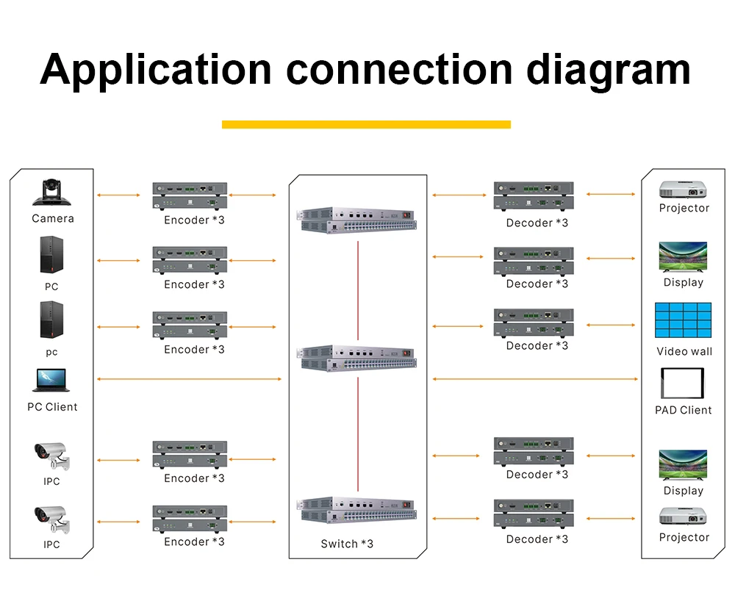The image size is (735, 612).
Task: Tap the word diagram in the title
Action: coord(609,70)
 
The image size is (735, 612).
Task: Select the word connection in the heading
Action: coord(399,70)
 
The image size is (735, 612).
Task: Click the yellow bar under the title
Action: coord(366,124)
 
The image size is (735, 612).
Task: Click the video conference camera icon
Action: coord(51,192)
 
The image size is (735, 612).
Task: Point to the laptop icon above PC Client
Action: coord(51,381)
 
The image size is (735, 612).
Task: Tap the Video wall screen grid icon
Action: coord(683,320)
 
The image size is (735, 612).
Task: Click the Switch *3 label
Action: coord(347,544)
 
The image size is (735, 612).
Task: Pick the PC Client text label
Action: coord(52,407)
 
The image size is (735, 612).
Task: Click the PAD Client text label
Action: coord(683,410)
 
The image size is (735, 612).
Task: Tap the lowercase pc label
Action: coord(51,352)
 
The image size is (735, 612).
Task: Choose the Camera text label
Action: coord(52,218)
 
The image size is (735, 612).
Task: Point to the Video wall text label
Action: coord(684,351)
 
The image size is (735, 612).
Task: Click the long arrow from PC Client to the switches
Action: coord(189,379)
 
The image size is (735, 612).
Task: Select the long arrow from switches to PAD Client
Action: coord(535,379)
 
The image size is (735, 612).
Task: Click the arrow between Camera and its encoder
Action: coord(118,195)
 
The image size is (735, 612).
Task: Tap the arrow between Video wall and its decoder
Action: coord(611,324)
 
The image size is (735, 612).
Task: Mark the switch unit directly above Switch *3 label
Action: coord(356,510)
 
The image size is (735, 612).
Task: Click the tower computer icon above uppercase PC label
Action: coord(51,256)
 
